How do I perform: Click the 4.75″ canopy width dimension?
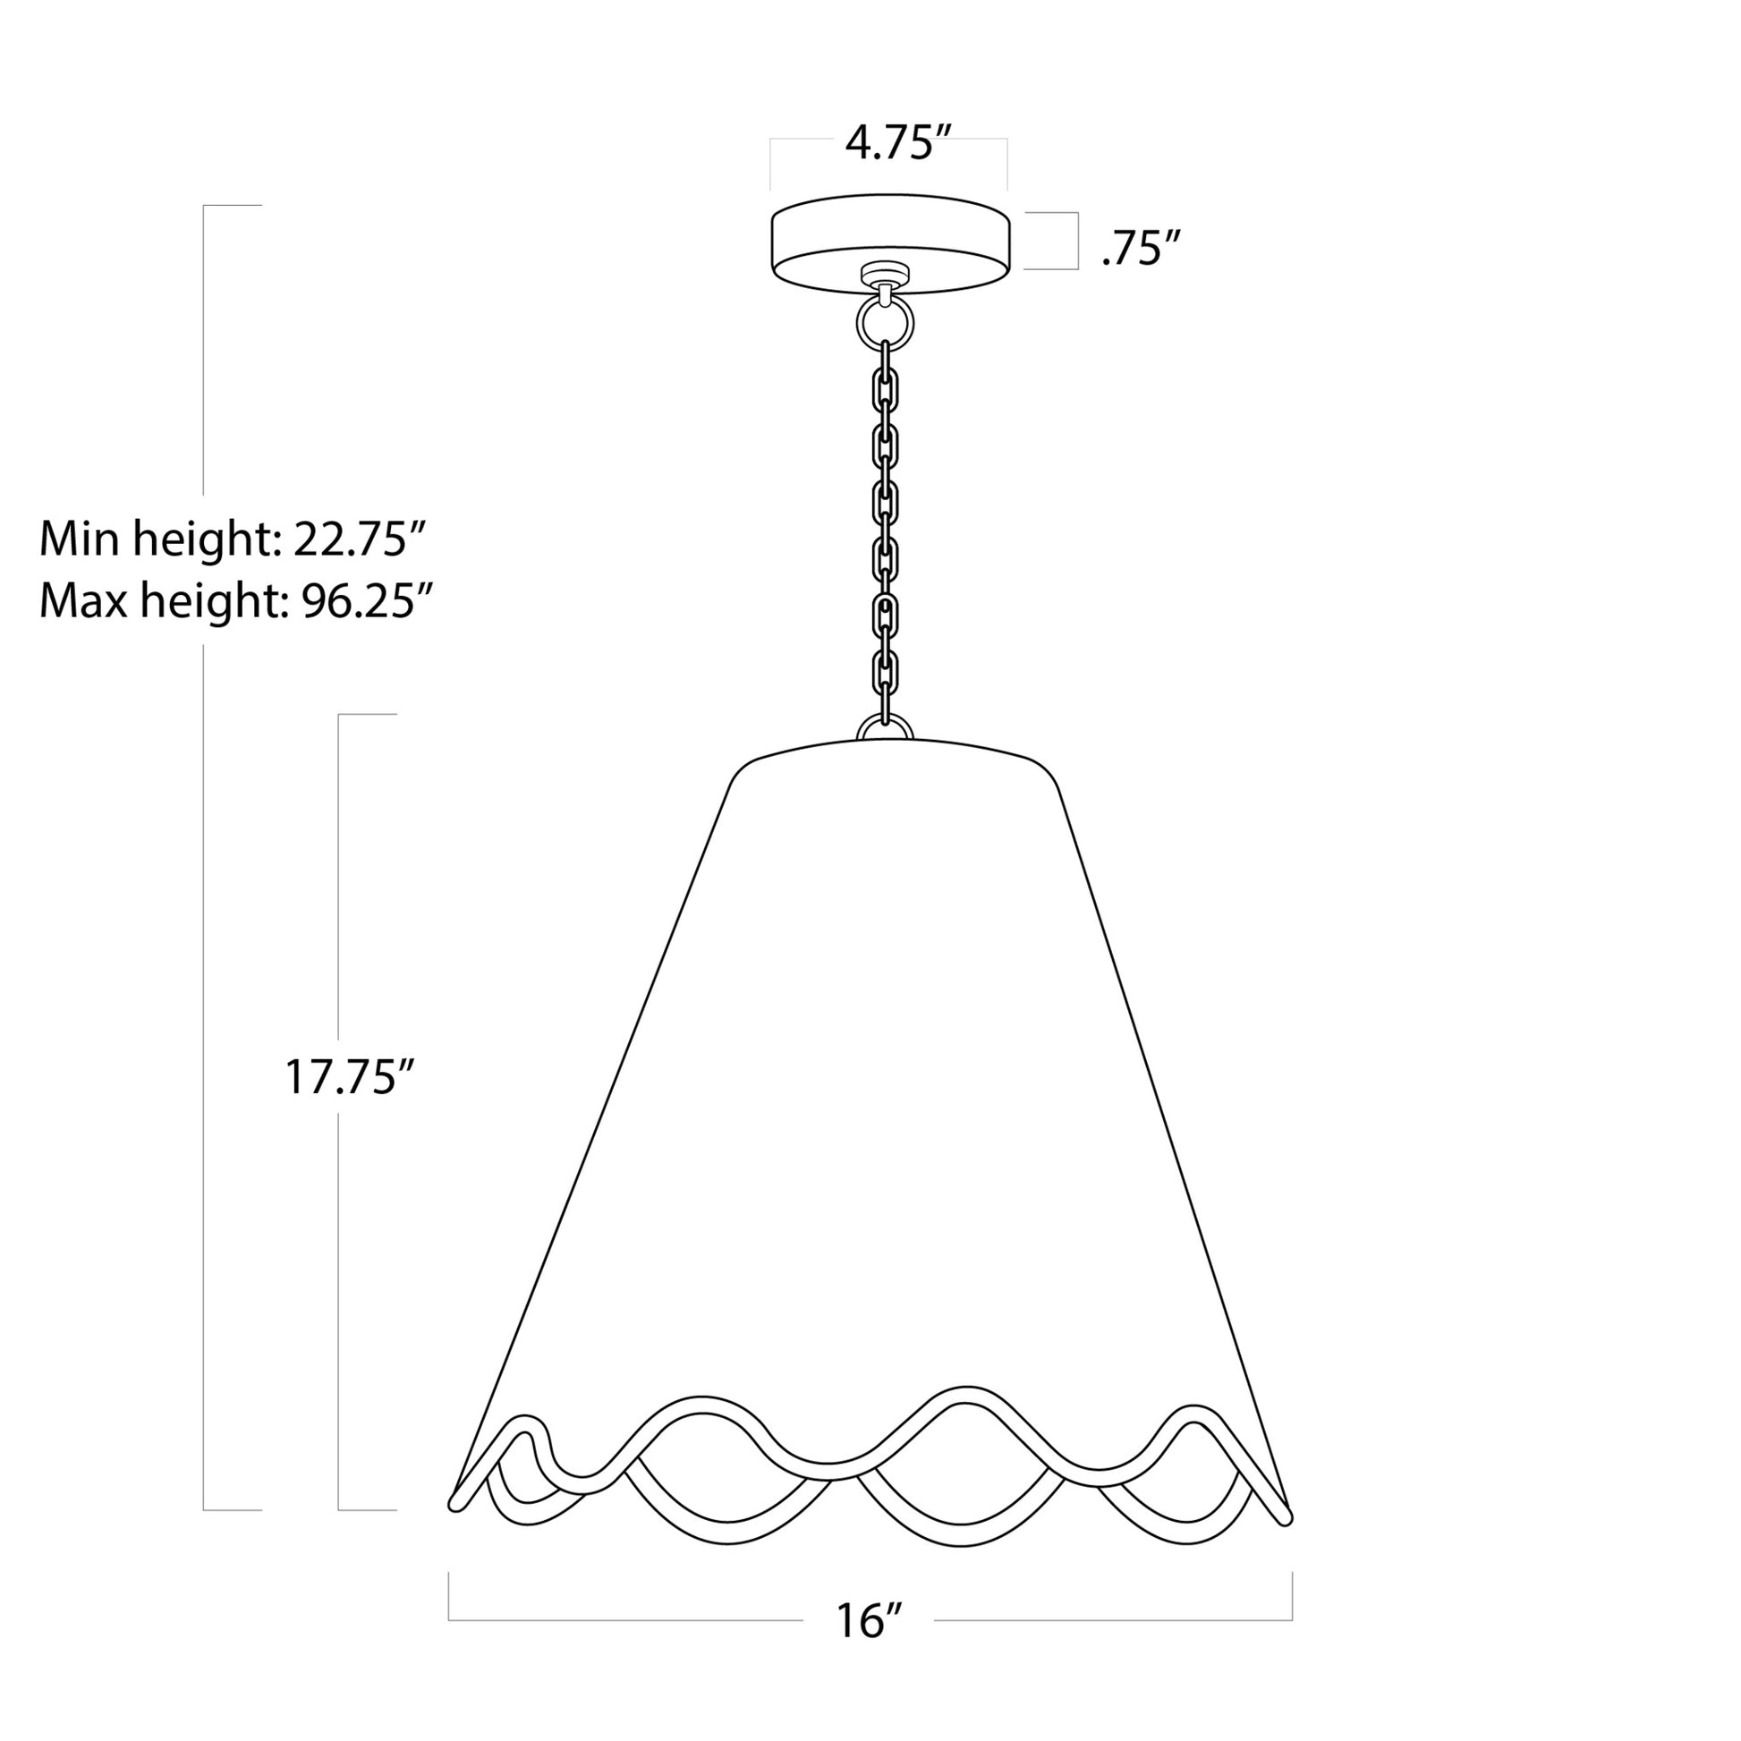[897, 144]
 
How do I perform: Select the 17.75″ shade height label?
[349, 1077]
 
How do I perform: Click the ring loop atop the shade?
[885, 728]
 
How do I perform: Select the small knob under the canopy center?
[885, 272]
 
